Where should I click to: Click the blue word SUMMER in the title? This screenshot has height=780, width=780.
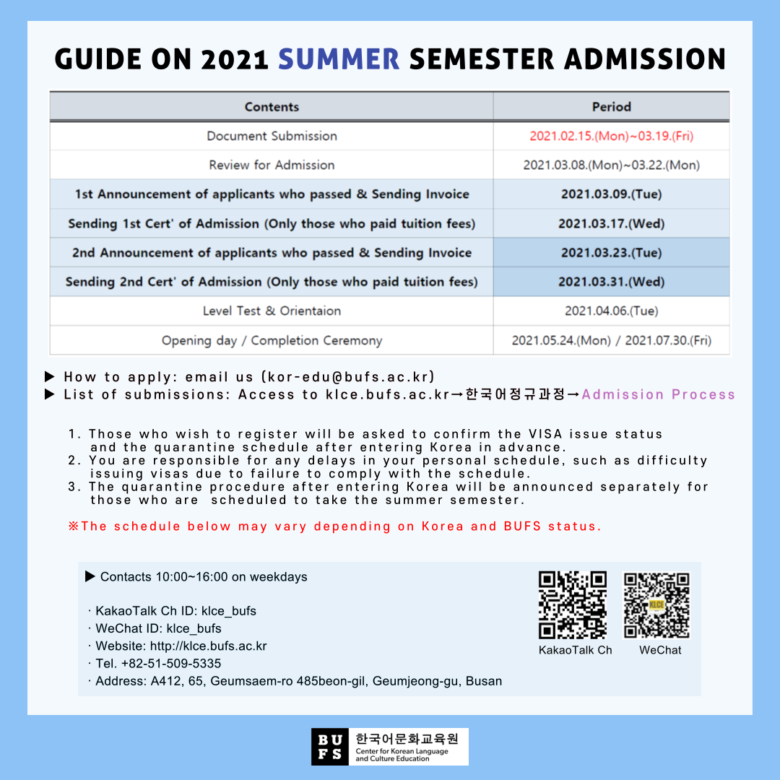339,58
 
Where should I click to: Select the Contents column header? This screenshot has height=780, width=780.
272,107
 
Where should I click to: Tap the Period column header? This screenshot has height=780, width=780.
611,107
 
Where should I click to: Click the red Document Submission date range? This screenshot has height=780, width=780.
611,136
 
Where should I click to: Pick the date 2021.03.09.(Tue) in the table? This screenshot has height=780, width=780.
611,194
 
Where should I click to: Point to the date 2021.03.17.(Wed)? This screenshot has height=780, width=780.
611,224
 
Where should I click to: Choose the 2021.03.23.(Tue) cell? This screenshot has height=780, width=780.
611,253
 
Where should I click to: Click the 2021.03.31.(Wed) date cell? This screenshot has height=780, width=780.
611,282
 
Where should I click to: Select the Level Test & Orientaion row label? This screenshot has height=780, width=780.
272,311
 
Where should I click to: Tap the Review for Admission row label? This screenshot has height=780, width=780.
272,165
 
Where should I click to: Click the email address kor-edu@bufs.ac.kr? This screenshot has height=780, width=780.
349,377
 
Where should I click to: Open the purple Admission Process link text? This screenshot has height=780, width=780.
658,394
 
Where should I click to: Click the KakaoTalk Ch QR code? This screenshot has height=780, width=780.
573,605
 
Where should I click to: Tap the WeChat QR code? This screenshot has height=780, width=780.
656,605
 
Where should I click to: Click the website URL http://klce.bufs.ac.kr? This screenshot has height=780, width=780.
208,646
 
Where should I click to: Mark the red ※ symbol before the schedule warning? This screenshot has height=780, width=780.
73,526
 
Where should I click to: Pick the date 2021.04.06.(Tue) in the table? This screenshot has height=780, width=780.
611,311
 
